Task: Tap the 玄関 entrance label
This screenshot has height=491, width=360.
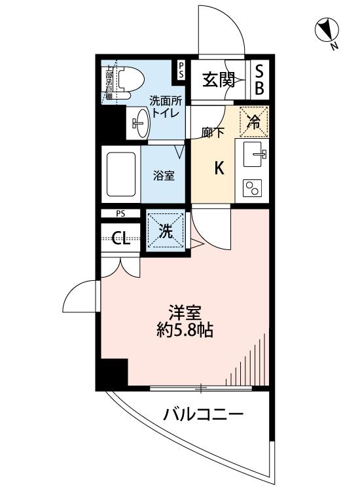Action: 218,80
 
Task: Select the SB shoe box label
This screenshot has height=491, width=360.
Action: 259,80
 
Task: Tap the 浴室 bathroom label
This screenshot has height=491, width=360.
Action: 164,175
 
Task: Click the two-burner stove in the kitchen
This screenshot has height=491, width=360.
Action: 252,189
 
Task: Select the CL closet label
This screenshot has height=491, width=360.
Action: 121,238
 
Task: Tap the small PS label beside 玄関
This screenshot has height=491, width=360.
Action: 181,70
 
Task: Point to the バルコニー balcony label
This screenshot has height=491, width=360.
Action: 204,414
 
